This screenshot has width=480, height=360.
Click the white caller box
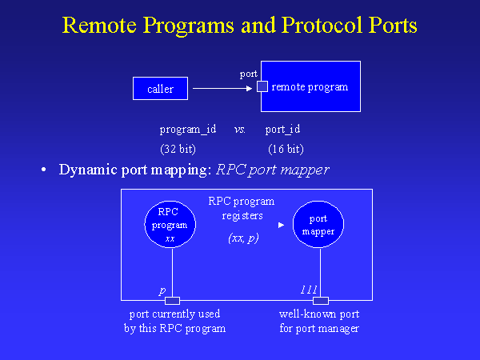tap(160, 88)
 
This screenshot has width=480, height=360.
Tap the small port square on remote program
tap(261, 87)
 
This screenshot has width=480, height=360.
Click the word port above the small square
tap(249, 74)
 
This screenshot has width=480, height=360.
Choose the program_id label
tap(188, 129)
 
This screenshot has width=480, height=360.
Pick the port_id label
tap(282, 129)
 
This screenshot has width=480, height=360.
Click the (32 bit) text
tap(178, 149)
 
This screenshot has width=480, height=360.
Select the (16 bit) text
tap(286, 149)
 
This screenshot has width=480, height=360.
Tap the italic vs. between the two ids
tap(239, 129)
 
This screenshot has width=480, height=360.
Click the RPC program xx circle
tap(170, 225)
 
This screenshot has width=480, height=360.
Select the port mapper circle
tap(318, 225)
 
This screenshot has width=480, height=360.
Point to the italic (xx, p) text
tap(243, 238)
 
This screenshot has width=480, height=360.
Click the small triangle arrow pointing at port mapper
tap(280, 226)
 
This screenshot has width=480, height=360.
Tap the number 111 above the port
tap(309, 289)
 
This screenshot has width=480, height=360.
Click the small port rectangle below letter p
tap(172, 301)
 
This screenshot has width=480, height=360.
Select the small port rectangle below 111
tap(321, 301)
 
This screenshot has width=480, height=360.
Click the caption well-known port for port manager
tap(318, 321)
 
